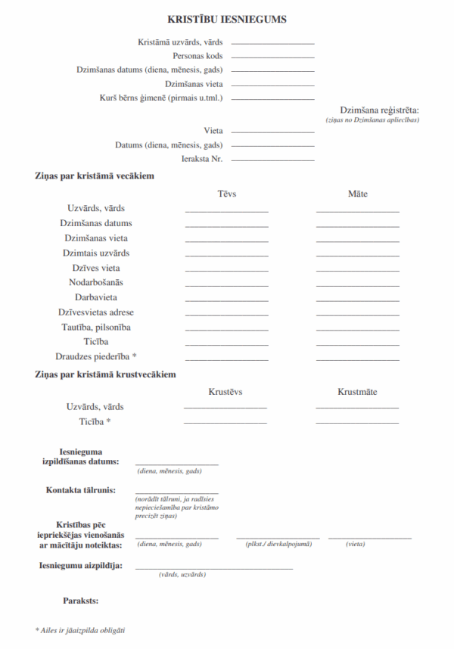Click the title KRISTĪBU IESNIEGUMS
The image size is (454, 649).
(226, 19)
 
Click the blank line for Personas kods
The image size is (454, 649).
(272, 57)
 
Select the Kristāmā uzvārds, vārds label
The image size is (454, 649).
(180, 42)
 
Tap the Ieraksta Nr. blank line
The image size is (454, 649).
(272, 160)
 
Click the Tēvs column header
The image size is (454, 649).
(227, 194)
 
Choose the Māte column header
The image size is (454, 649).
(358, 194)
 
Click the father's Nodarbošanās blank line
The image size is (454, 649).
(227, 286)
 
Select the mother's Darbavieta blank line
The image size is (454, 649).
(358, 300)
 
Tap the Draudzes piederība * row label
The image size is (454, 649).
(96, 356)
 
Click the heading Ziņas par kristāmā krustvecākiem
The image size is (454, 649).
(105, 374)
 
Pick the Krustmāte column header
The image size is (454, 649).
(357, 392)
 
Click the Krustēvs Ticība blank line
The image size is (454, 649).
(225, 424)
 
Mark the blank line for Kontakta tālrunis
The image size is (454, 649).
(177, 493)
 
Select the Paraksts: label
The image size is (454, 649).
(80, 601)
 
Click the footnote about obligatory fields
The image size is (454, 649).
(79, 629)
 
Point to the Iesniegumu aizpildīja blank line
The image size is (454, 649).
(214, 568)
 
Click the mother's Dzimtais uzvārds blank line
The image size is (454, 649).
(358, 256)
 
